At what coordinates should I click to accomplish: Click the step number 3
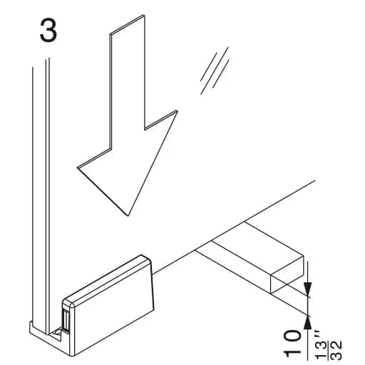(48, 31)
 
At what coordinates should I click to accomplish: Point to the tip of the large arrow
(128, 216)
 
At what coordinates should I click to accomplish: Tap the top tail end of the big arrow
(127, 25)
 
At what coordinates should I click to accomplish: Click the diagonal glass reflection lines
(215, 71)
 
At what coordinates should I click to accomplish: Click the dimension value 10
(292, 343)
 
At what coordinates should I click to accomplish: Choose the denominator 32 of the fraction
(336, 350)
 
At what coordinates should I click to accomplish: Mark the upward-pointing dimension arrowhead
(308, 323)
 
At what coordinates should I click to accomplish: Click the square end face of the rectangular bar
(287, 275)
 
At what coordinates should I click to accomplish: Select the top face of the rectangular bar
(250, 248)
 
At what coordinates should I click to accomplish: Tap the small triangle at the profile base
(57, 332)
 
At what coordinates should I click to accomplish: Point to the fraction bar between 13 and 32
(329, 349)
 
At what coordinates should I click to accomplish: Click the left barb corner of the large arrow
(78, 168)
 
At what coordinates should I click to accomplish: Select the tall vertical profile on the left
(41, 195)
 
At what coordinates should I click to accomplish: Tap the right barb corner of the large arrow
(177, 111)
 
